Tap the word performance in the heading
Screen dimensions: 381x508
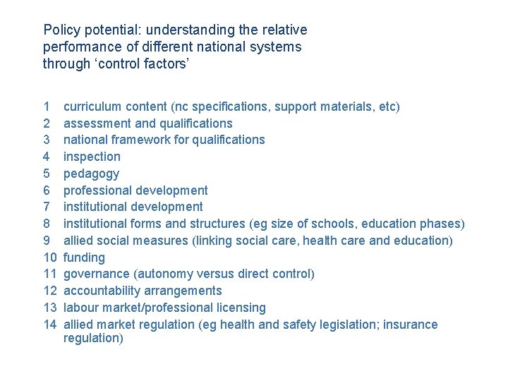point(77,47)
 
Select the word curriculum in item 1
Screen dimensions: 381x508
point(92,107)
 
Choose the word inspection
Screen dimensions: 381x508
point(92,157)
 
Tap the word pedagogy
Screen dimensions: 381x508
point(91,174)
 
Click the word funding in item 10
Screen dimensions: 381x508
point(84,258)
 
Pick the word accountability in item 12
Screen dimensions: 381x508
point(102,291)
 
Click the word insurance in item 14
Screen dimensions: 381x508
point(409,325)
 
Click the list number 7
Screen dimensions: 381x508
point(47,207)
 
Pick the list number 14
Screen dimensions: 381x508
point(49,325)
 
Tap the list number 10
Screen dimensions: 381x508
point(49,258)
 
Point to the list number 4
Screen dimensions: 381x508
point(47,157)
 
